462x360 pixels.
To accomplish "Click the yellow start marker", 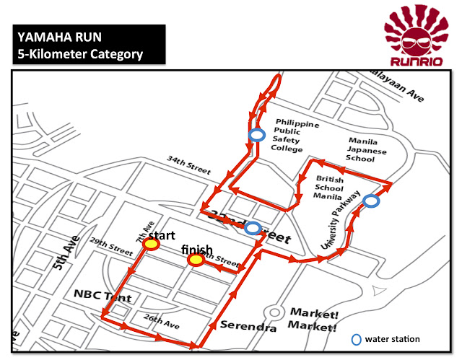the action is [x=151, y=245].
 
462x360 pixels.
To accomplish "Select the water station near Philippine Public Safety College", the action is [x=256, y=135].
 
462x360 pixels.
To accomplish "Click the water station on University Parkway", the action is [x=370, y=201].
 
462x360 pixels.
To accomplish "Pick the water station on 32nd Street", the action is [x=253, y=229].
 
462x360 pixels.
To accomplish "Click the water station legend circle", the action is [x=355, y=339].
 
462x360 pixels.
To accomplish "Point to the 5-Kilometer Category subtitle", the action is [x=80, y=53].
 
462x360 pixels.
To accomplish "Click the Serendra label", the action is [x=248, y=327].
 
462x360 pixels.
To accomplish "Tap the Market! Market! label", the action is [x=313, y=320].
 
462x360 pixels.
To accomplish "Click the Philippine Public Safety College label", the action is [x=294, y=136].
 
